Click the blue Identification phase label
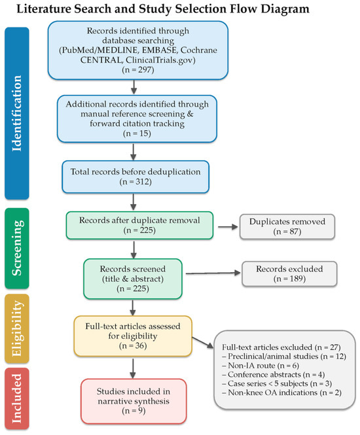[x=17, y=113]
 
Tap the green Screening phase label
[x=17, y=249]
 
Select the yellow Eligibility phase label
[x=17, y=329]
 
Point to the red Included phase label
[x=17, y=398]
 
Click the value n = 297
[x=138, y=69]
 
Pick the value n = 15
[x=137, y=133]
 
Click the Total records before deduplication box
[x=135, y=177]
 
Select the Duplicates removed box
[x=287, y=226]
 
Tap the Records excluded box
[x=289, y=274]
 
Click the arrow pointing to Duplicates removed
[x=228, y=227]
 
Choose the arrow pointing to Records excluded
[x=213, y=273]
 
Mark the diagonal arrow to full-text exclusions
[x=203, y=343]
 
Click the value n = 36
[x=133, y=346]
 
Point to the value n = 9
[x=134, y=411]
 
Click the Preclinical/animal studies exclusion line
[x=284, y=357]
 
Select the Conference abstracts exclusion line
[x=274, y=375]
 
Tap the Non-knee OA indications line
[x=281, y=393]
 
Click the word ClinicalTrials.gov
[x=160, y=60]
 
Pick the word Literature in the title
[x=43, y=9]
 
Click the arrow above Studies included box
[x=133, y=368]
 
